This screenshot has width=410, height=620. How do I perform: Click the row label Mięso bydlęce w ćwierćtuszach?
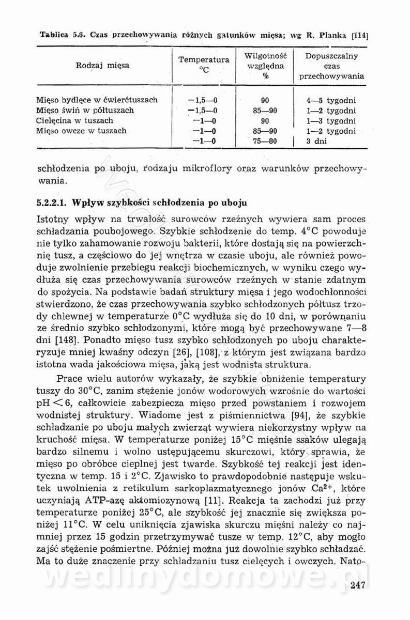[97, 100]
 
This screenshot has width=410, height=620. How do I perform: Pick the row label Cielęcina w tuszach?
[74, 120]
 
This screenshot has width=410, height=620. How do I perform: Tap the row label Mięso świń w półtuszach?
[85, 110]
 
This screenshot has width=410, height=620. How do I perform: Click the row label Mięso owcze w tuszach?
[82, 131]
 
